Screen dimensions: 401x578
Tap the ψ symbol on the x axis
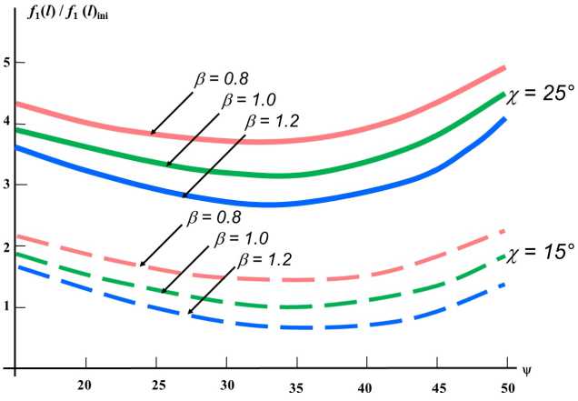(x=524, y=371)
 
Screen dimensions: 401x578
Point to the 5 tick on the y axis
(x=7, y=62)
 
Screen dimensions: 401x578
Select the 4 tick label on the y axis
(x=7, y=123)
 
